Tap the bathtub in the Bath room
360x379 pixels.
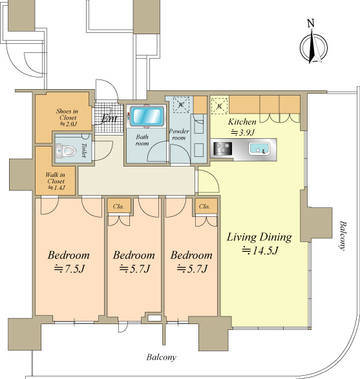(147, 116)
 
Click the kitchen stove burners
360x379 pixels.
(223, 149)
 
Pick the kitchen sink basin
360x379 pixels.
(259, 149)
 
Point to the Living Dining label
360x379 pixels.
(259, 237)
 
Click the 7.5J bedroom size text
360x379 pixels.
(69, 269)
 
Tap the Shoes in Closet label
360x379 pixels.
(67, 118)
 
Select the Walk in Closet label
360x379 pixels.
(56, 181)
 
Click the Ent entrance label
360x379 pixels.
(109, 118)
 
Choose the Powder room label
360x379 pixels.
(179, 134)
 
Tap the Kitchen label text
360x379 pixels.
(242, 121)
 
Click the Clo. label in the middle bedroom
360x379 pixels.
(118, 207)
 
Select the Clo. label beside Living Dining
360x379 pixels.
(204, 207)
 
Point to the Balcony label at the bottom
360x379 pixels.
(162, 357)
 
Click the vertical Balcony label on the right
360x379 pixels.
(342, 236)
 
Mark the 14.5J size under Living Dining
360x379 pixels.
(260, 251)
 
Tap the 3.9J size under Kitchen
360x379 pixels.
(242, 132)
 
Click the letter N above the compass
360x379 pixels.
(311, 23)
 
